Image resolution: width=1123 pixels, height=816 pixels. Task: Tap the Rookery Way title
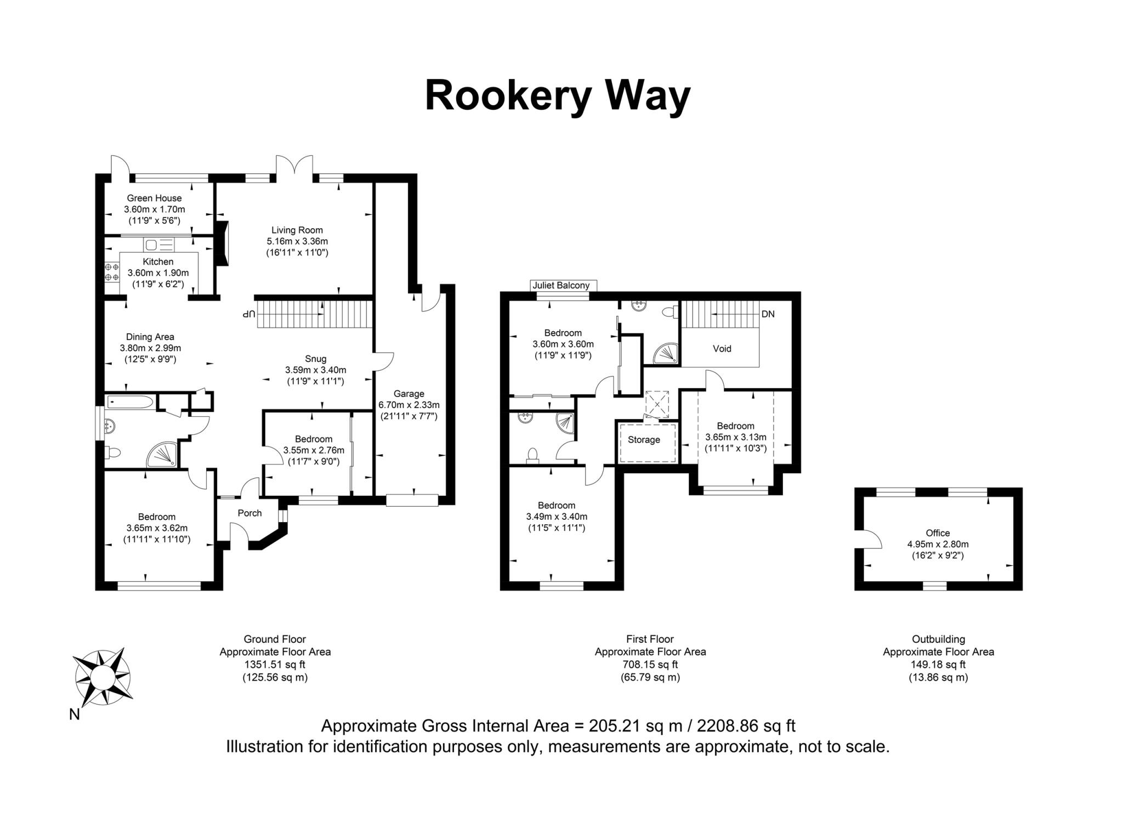tap(557, 96)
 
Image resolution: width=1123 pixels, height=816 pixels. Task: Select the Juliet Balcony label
tap(561, 285)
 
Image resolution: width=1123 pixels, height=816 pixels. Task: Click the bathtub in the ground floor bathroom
tap(130, 403)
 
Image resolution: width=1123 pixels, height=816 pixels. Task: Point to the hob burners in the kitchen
tap(112, 273)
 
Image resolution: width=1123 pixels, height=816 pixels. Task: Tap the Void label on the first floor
tap(722, 349)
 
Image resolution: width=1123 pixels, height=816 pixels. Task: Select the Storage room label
tap(644, 440)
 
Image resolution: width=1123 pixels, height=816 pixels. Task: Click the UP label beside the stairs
tap(249, 314)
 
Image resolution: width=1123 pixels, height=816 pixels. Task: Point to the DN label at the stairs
tap(768, 314)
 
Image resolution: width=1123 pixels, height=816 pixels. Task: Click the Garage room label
tap(409, 394)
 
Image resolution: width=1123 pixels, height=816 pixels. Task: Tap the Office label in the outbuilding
tap(938, 532)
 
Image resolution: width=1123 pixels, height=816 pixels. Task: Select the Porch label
tap(249, 513)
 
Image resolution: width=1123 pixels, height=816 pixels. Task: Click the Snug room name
tap(315, 359)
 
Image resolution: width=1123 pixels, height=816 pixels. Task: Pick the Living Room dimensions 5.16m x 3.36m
tap(297, 241)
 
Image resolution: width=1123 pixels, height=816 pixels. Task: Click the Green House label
tap(154, 198)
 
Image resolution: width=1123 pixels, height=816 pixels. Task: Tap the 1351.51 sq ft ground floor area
tap(275, 665)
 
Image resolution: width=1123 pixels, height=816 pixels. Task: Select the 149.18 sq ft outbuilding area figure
tap(938, 665)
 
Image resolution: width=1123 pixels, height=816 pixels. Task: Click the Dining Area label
tap(150, 337)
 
